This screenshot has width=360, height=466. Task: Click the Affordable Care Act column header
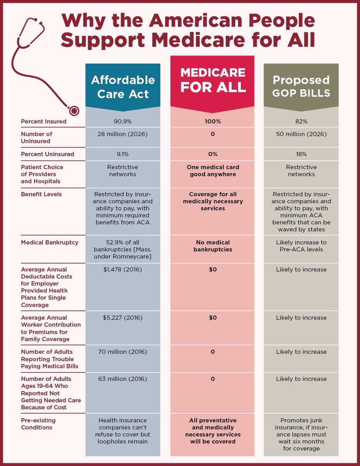pyautogui.click(x=123, y=87)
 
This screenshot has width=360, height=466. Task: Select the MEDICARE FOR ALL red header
pyautogui.click(x=213, y=80)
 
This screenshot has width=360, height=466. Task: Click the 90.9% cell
pyautogui.click(x=123, y=122)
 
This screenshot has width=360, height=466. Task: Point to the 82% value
pyautogui.click(x=301, y=122)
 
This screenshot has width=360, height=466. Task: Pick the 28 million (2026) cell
pyautogui.click(x=123, y=134)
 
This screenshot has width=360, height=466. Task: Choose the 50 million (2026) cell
pyautogui.click(x=301, y=134)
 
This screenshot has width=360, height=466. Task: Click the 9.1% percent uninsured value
pyautogui.click(x=123, y=154)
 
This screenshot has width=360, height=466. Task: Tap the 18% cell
pyautogui.click(x=301, y=154)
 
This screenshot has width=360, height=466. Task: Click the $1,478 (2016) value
pyautogui.click(x=123, y=270)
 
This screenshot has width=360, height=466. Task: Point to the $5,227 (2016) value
pyautogui.click(x=123, y=318)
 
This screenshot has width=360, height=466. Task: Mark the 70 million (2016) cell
pyautogui.click(x=123, y=352)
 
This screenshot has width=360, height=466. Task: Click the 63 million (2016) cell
pyautogui.click(x=123, y=379)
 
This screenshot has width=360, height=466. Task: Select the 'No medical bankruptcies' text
pyautogui.click(x=213, y=246)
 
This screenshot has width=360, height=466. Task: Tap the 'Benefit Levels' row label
pyautogui.click(x=41, y=194)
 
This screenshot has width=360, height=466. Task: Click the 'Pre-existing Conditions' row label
pyautogui.click(x=38, y=424)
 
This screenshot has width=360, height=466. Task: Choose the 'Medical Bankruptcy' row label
pyautogui.click(x=49, y=242)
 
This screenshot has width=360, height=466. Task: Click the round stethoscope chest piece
pyautogui.click(x=72, y=110)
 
